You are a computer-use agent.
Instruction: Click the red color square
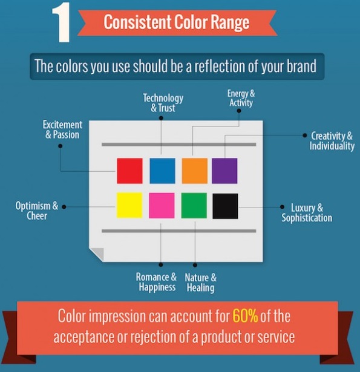(x=130, y=171)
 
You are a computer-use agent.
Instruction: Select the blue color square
(x=162, y=171)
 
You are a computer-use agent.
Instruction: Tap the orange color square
(x=194, y=171)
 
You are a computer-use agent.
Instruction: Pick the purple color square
(x=224, y=171)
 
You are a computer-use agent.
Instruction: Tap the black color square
(x=225, y=206)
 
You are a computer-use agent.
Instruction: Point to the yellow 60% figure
(x=245, y=316)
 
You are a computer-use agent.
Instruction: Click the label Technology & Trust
(x=163, y=103)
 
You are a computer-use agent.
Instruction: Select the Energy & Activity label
(x=240, y=99)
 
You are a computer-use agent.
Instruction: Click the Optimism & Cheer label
(x=37, y=210)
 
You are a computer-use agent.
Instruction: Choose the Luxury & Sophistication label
(x=307, y=213)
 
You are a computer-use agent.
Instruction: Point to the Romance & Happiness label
(x=156, y=282)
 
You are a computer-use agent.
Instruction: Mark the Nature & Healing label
(x=200, y=282)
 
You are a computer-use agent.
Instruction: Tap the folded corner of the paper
(x=97, y=253)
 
